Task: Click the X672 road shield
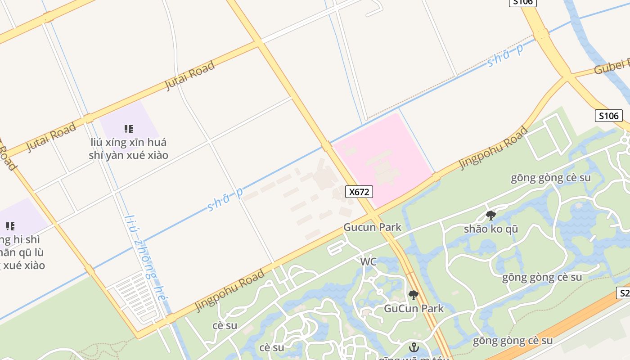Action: click(x=359, y=192)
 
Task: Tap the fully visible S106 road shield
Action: click(x=608, y=116)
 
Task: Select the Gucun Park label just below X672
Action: click(x=372, y=227)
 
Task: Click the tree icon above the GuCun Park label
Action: click(x=413, y=295)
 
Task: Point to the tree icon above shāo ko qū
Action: click(x=491, y=216)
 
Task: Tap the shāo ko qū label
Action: click(x=491, y=229)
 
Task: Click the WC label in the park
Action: click(x=368, y=261)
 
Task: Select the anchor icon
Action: click(x=413, y=347)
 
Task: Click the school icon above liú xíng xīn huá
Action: click(x=129, y=129)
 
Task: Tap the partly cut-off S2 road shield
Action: click(x=624, y=293)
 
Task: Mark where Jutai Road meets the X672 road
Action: click(x=258, y=43)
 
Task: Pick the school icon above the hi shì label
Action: click(x=10, y=226)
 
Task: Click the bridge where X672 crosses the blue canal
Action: click(x=327, y=146)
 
